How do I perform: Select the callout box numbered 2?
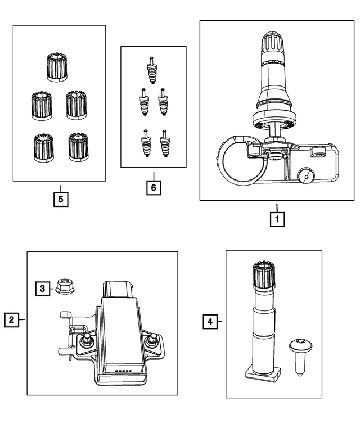[x=11, y=319]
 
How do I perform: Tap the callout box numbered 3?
[x=42, y=289]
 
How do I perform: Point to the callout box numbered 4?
[x=210, y=322]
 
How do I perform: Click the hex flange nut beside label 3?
[x=65, y=287]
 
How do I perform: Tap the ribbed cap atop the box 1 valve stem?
[x=274, y=43]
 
